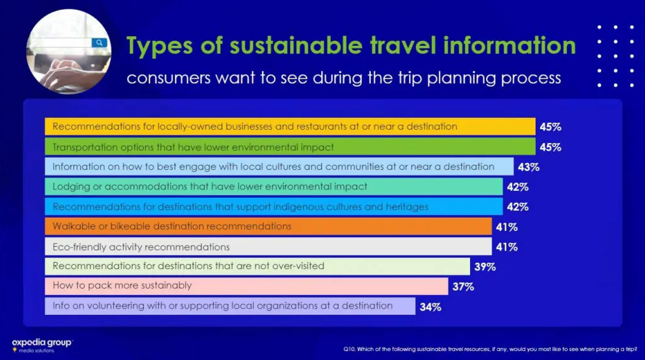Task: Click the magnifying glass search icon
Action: (99, 43)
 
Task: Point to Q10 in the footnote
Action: (349, 349)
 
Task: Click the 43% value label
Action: (529, 167)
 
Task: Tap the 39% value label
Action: (485, 267)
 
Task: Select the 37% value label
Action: (463, 287)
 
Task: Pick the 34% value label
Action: (430, 307)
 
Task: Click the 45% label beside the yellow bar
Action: (550, 127)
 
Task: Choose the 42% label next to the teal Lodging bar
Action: (517, 187)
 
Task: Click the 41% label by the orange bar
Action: (507, 227)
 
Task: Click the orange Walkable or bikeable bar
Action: (382, 226)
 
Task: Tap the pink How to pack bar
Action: (318, 286)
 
